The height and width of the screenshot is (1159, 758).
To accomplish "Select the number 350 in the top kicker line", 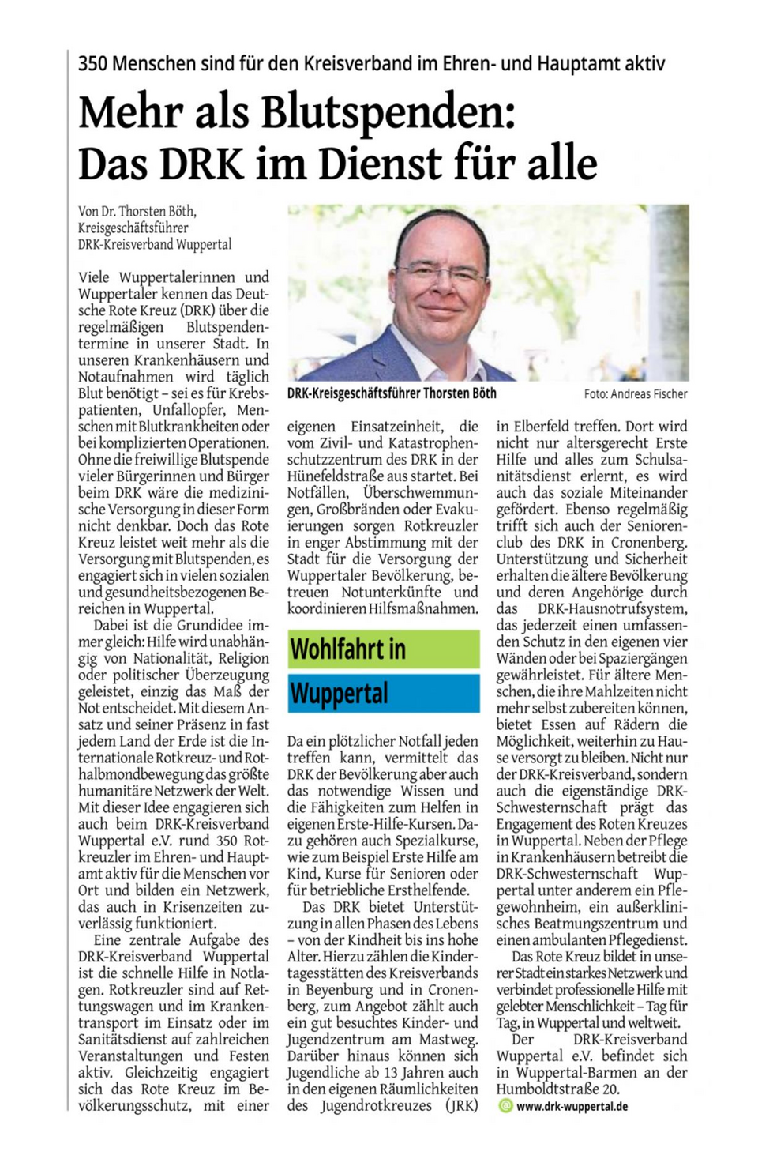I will pyautogui.click(x=92, y=64).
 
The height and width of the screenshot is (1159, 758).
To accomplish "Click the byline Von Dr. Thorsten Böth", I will pyautogui.click(x=137, y=211).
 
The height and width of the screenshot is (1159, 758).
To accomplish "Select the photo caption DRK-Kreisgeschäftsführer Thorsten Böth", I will pyautogui.click(x=392, y=393).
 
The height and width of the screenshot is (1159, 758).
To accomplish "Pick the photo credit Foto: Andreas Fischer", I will pyautogui.click(x=636, y=394).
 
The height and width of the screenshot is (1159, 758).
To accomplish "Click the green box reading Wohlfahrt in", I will pyautogui.click(x=383, y=649).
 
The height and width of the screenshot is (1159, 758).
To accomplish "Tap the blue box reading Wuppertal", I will pyautogui.click(x=383, y=693).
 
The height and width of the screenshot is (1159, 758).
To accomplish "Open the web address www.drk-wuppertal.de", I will pyautogui.click(x=572, y=1106).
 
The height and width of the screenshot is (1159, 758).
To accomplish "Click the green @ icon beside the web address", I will pyautogui.click(x=505, y=1106).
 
